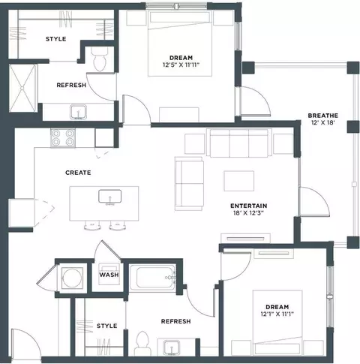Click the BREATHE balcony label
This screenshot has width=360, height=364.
[322, 116]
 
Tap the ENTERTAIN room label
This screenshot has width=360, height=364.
[248, 206]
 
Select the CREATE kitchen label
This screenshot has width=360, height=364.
[78, 173]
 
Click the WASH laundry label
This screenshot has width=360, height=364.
[109, 275]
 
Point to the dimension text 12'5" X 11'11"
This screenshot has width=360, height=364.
[181, 65]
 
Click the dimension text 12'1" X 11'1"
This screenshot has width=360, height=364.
[277, 314]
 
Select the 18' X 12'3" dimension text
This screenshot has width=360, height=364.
[248, 213]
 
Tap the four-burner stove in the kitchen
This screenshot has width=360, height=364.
[63, 138]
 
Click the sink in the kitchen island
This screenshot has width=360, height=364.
[109, 197]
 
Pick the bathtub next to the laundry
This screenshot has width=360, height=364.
[152, 278]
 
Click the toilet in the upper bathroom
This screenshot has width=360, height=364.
[100, 59]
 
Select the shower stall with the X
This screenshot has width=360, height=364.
[22, 88]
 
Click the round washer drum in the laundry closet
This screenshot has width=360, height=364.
[72, 278]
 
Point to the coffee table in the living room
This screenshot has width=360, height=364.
[239, 181]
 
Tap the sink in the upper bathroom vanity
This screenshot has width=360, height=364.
[78, 112]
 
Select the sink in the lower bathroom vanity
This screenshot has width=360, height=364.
[172, 347]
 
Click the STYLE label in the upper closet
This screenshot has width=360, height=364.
[56, 39]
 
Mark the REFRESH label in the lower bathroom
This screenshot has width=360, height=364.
[175, 321]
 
